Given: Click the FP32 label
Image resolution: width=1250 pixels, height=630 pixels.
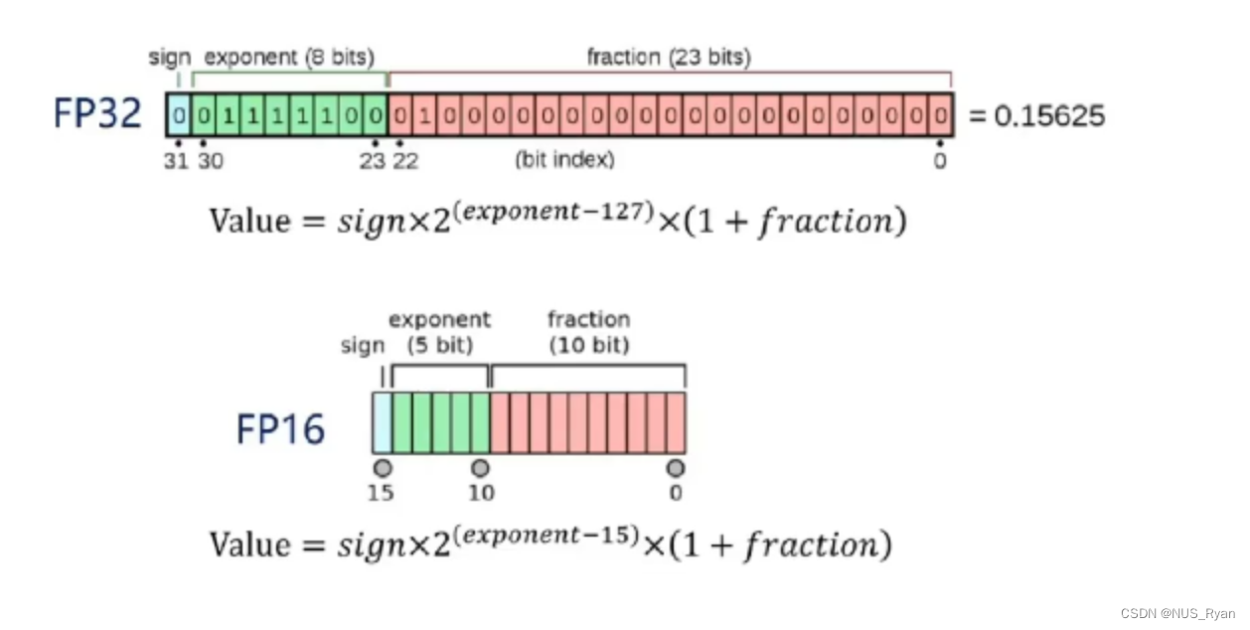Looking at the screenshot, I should [x=97, y=115].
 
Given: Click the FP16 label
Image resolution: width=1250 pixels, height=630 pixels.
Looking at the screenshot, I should [x=280, y=430].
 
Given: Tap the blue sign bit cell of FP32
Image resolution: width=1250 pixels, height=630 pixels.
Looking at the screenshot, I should [x=179, y=115].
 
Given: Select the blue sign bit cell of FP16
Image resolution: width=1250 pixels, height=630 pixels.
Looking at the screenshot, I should [x=382, y=423].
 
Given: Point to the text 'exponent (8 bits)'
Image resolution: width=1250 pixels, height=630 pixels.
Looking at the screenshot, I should [x=289, y=58].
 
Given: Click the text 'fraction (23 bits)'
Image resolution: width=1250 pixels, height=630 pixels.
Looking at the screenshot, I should [x=669, y=58].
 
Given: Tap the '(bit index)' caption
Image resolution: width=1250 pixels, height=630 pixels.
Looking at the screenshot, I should [x=564, y=160].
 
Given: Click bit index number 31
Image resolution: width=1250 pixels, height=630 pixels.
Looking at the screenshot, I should [x=176, y=161].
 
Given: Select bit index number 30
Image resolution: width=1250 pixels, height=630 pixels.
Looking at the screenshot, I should [x=210, y=161].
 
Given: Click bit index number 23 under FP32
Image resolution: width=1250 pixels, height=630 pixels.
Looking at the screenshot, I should [x=372, y=161].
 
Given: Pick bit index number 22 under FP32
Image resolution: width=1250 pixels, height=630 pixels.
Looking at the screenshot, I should [x=405, y=161].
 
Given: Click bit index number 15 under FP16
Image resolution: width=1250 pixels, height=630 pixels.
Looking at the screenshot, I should [x=381, y=493].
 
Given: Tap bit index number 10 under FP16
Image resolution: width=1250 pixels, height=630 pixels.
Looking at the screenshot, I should [x=480, y=493].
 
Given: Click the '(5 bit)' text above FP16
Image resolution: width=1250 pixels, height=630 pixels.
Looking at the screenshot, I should [x=439, y=346].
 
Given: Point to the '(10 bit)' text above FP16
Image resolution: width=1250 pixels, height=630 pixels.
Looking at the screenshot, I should [x=588, y=346].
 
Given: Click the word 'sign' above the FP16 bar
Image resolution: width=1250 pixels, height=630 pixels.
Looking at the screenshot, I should [x=363, y=346].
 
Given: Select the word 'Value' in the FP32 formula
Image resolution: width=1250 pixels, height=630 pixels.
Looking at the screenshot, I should [x=247, y=221].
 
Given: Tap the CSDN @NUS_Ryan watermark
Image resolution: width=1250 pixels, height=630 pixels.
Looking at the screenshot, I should [x=1178, y=613].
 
